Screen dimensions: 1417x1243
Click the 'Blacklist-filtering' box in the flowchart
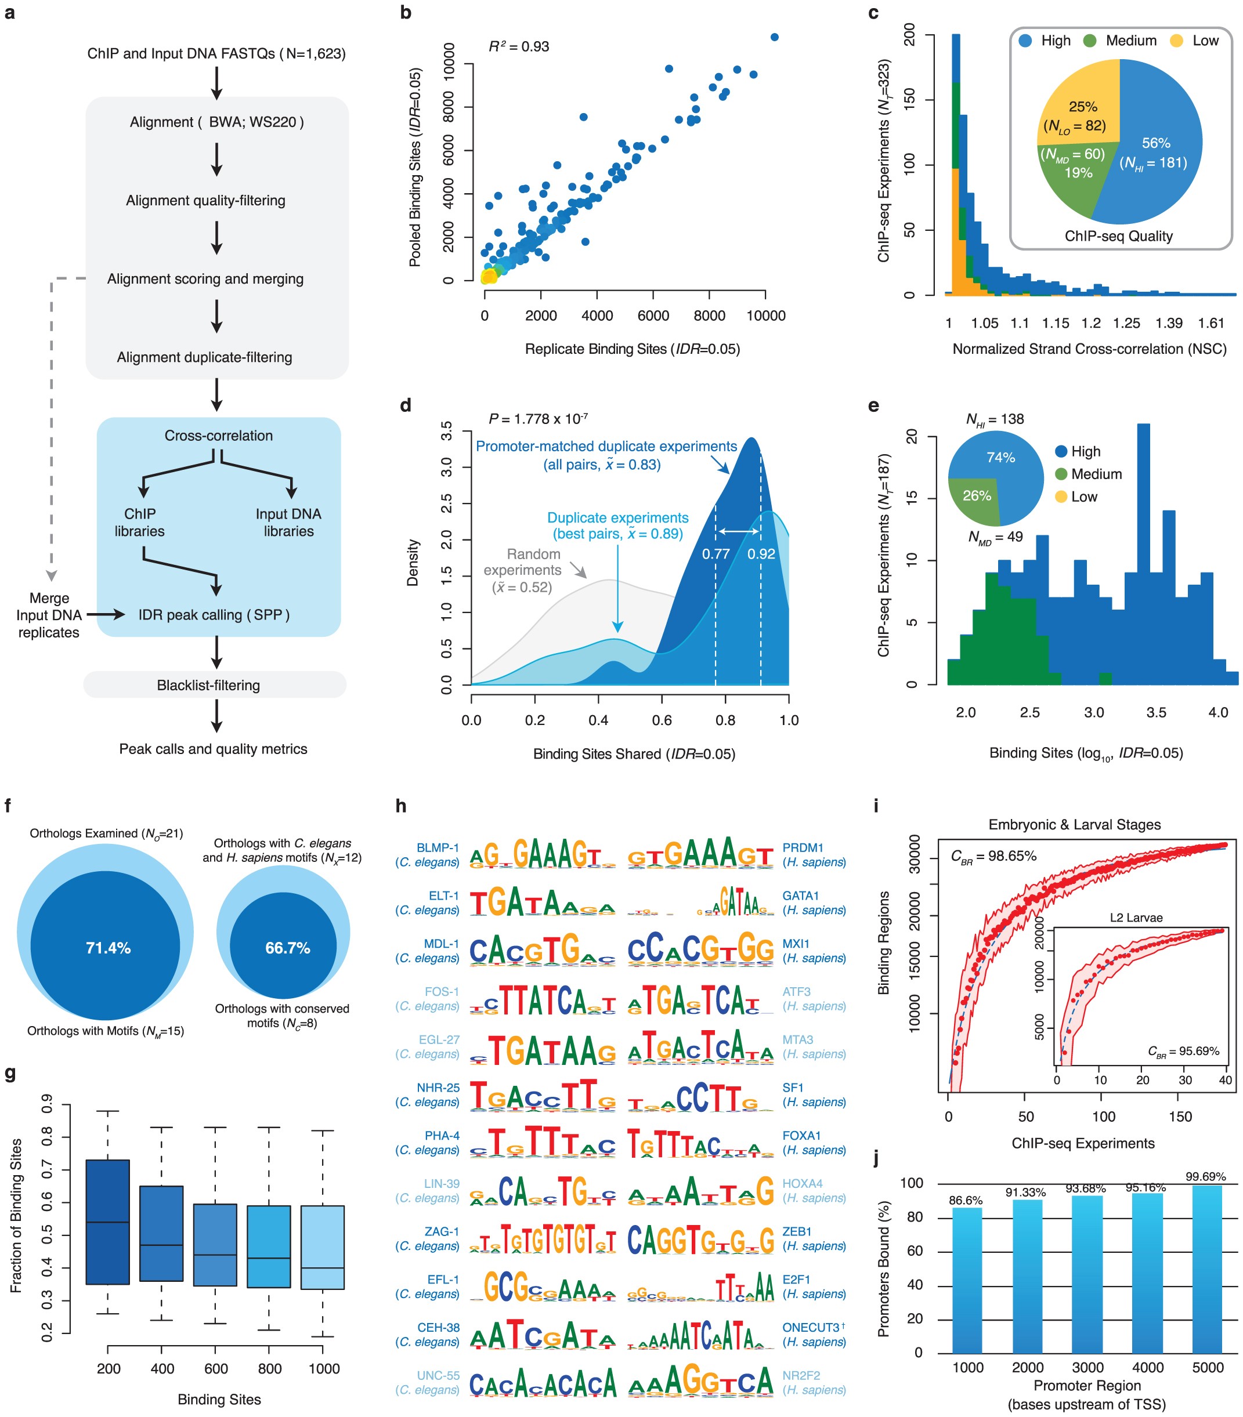(x=208, y=685)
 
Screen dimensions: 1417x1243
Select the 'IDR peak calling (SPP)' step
(x=214, y=615)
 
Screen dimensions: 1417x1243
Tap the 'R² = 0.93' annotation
(x=519, y=46)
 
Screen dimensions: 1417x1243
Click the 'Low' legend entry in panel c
(x=1205, y=41)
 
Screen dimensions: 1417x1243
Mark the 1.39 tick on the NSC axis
(x=1169, y=323)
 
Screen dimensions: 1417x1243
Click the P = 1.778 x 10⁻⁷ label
(x=539, y=419)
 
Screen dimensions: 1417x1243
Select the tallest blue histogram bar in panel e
(x=1144, y=555)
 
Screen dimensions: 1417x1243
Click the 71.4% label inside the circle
(x=108, y=948)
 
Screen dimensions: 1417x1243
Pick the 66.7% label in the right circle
(x=287, y=948)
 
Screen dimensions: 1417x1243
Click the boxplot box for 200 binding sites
(x=107, y=1222)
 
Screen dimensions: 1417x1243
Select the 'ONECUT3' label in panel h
(x=810, y=1327)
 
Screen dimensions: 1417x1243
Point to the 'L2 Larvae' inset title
(x=1136, y=918)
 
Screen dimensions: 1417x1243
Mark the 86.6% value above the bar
(x=966, y=1200)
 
